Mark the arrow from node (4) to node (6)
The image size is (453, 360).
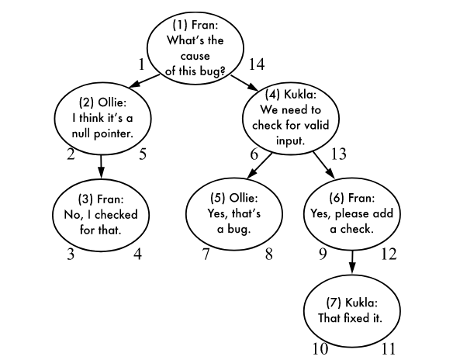pyautogui.click(x=323, y=165)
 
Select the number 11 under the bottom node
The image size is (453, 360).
pyautogui.click(x=387, y=349)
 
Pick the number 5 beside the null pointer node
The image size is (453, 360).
pyautogui.click(x=143, y=154)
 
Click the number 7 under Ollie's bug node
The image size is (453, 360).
pyautogui.click(x=206, y=253)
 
